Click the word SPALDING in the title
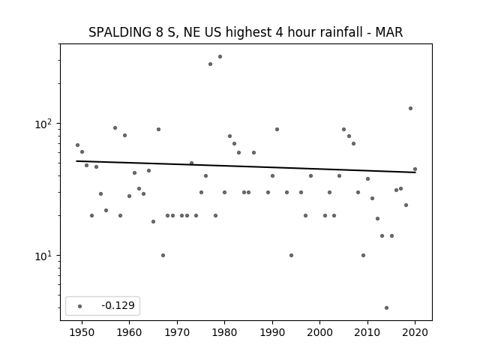tap(120, 32)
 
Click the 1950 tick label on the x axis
tap(82, 332)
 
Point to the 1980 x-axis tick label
tap(224, 332)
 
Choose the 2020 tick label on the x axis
tap(415, 332)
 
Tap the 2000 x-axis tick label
tap(319, 332)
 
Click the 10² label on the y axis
tap(43, 124)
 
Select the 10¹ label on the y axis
tap(43, 256)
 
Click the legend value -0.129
tap(118, 305)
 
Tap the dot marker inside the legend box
tap(80, 306)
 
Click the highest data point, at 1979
tap(220, 57)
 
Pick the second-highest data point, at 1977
tap(210, 64)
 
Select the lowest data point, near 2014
tap(387, 308)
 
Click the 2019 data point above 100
tap(410, 108)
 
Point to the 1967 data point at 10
tap(163, 255)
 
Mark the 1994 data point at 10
tap(292, 255)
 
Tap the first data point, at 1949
tap(78, 145)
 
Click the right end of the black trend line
tap(415, 172)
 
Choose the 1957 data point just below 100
tap(115, 128)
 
